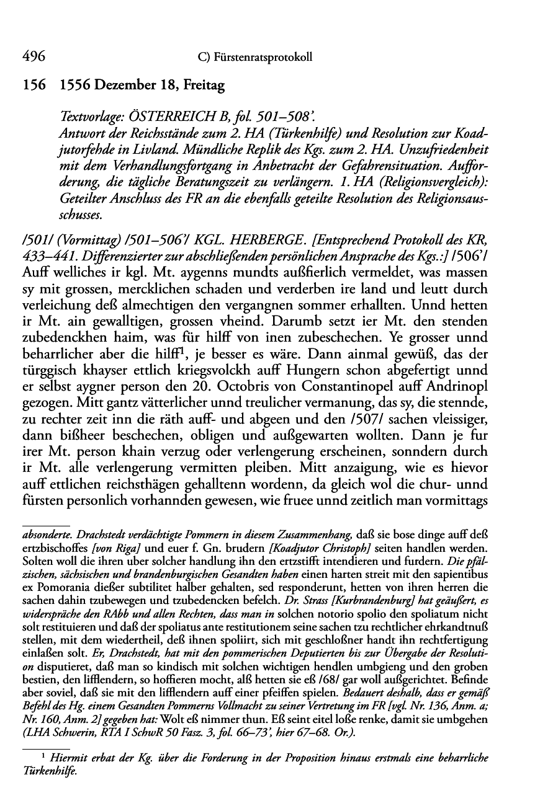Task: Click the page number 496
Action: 33,57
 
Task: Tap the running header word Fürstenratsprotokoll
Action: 261,58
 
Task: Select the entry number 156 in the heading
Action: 33,87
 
